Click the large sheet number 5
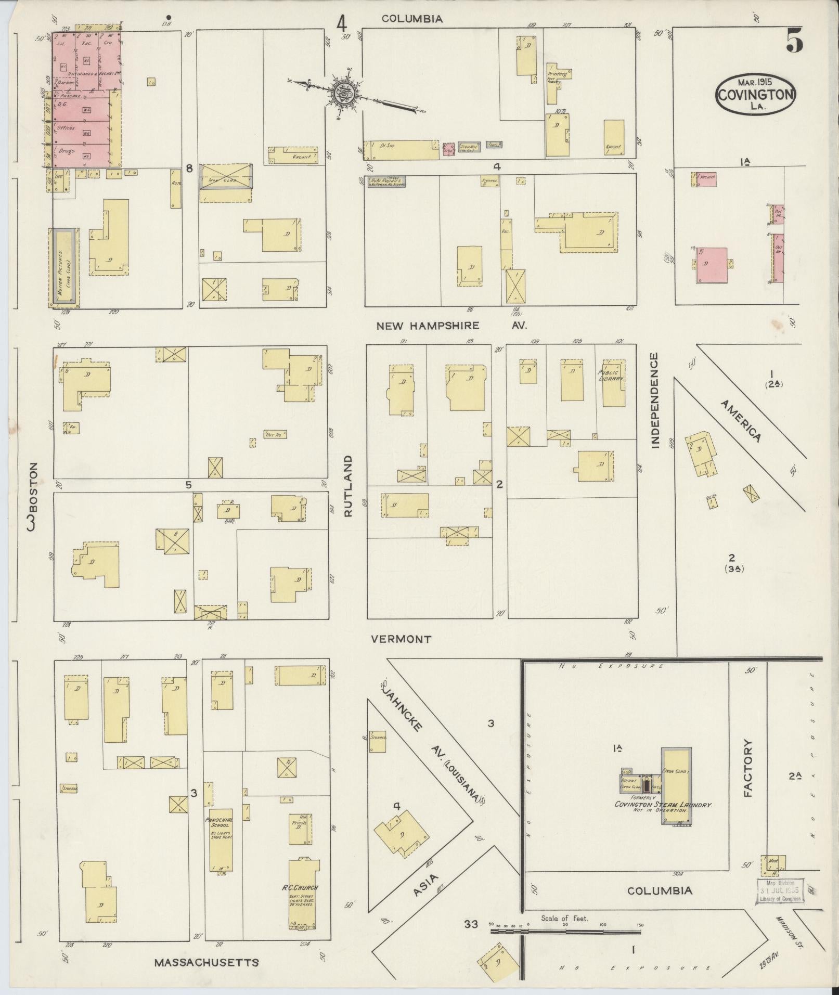(794, 40)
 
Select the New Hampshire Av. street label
(451, 326)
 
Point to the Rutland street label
(348, 486)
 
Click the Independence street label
(654, 400)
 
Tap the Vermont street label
(401, 639)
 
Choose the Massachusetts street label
(206, 962)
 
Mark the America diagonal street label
(741, 421)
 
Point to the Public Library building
(613, 382)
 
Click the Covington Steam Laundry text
(662, 819)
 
